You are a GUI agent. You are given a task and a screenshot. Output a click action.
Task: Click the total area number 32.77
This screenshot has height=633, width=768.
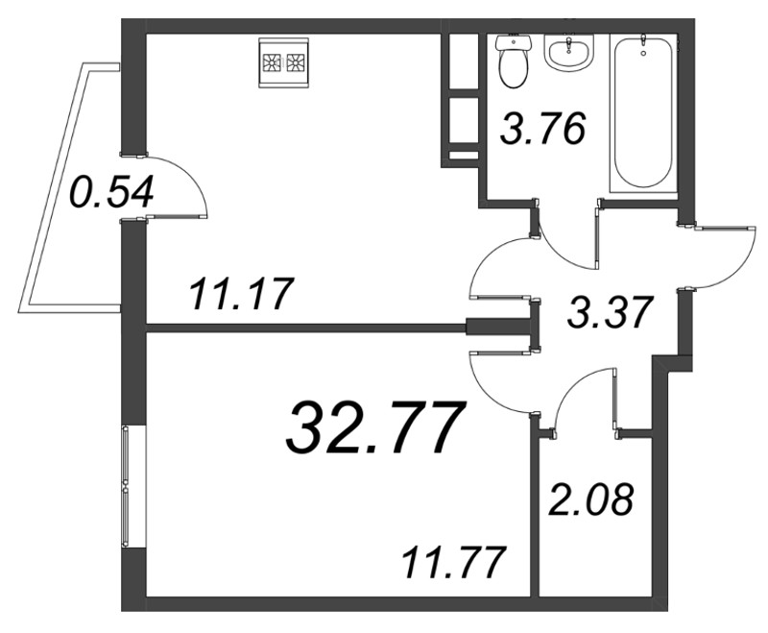click(x=374, y=427)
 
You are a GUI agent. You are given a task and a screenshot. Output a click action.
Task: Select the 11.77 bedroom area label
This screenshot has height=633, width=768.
click(x=453, y=563)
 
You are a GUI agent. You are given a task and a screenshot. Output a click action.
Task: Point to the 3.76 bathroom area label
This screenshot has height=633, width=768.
click(x=542, y=129)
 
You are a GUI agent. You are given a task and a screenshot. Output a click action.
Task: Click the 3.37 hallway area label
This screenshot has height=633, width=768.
click(x=611, y=312)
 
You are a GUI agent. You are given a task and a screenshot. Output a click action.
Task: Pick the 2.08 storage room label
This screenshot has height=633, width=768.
click(x=589, y=499)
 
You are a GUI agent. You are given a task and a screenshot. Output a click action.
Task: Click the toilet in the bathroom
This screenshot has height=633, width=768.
click(x=514, y=61)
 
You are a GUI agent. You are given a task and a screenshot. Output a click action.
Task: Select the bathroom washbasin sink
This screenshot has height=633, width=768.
click(x=568, y=53)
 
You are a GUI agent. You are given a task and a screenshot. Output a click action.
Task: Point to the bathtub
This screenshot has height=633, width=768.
click(x=643, y=113)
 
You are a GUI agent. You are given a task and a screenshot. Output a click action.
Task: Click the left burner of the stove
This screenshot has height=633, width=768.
click(x=271, y=62)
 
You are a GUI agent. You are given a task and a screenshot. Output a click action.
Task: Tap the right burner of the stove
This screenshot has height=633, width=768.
click(x=295, y=62)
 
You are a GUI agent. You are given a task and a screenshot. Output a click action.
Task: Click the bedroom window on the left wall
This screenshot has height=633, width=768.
click(x=126, y=487)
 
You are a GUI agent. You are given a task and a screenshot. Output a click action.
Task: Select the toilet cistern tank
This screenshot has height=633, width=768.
click(x=514, y=43)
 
